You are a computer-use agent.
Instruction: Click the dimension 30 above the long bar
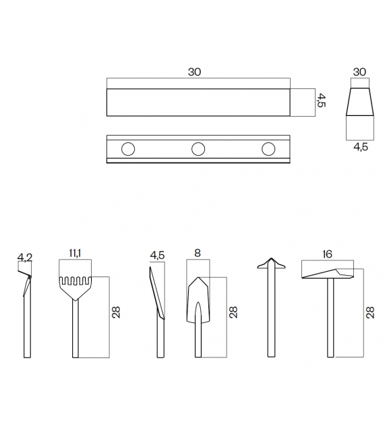[x=194, y=72]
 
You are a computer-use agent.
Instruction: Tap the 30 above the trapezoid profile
[x=359, y=72]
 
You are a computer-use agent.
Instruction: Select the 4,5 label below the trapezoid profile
[x=361, y=146]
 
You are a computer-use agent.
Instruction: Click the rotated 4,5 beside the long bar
[x=321, y=100]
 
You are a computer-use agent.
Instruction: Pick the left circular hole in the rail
[x=128, y=149]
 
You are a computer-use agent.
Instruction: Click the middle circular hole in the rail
[x=198, y=149]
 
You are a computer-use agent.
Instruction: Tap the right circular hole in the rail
[x=268, y=149]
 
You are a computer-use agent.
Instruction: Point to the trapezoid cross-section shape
[x=360, y=102]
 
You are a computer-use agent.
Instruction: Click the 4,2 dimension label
[x=25, y=258]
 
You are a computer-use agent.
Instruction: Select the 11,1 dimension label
[x=75, y=253]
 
